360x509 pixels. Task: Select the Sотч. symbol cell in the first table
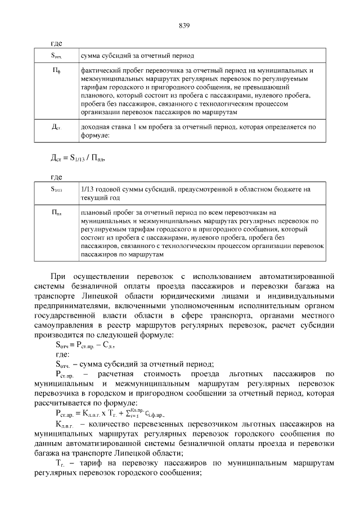56,56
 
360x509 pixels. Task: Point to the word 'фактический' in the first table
100,71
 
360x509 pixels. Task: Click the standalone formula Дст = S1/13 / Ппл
77,157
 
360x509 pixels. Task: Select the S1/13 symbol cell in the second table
56,190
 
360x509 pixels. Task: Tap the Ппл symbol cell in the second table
56,213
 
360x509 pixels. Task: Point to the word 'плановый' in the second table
96,213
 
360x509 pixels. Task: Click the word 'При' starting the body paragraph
58,277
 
